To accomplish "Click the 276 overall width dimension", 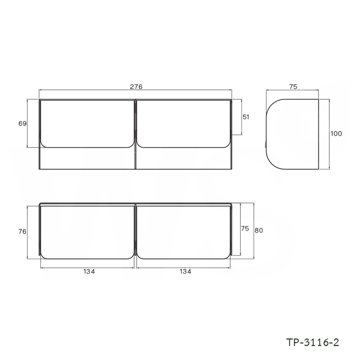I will coord(136,86).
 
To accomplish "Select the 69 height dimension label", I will coord(22,123).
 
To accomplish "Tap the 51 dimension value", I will coord(246,117).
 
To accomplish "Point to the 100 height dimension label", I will coord(336,134).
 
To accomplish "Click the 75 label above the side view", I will coord(293,86).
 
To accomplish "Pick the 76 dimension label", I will coord(22,231).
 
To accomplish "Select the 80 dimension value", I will coord(259,231).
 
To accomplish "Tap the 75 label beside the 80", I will coord(245,229).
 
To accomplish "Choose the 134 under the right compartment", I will coord(184,272).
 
